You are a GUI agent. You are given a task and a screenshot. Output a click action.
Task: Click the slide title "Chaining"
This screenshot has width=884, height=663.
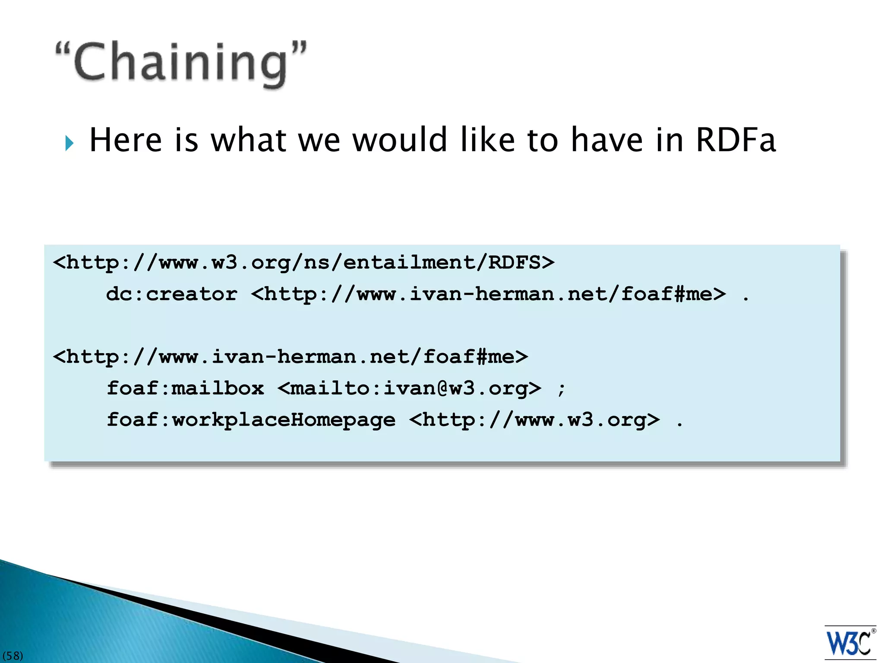point(181,63)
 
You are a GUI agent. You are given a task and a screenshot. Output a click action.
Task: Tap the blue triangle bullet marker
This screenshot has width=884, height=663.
point(69,143)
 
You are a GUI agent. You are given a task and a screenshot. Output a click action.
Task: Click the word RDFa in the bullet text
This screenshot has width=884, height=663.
point(736,140)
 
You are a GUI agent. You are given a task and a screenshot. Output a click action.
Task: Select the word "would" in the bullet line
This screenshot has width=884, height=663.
point(399,140)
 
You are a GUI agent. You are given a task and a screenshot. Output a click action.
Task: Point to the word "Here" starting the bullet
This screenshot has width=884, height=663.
point(126,140)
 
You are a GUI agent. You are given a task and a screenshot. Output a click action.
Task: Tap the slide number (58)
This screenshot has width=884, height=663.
point(13,656)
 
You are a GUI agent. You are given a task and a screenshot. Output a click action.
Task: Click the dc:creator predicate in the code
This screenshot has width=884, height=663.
point(172,294)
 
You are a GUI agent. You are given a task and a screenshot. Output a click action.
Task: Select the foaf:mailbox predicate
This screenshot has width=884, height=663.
point(185,388)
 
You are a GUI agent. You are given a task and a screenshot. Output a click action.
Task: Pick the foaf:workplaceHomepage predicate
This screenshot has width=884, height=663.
point(251,420)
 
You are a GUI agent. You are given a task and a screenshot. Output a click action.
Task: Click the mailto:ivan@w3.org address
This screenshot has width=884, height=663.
point(409,388)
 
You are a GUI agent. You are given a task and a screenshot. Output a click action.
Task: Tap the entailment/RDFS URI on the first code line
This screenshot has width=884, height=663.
point(303,262)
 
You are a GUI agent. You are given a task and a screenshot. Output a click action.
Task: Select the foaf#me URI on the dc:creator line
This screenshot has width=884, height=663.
point(488,294)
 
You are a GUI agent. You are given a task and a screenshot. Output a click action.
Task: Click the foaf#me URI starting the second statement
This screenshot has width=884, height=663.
point(290,357)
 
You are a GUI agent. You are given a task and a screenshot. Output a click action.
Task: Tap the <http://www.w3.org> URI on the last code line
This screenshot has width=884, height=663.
point(534,420)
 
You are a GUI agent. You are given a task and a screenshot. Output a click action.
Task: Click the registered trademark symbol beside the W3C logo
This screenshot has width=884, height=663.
point(873,631)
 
